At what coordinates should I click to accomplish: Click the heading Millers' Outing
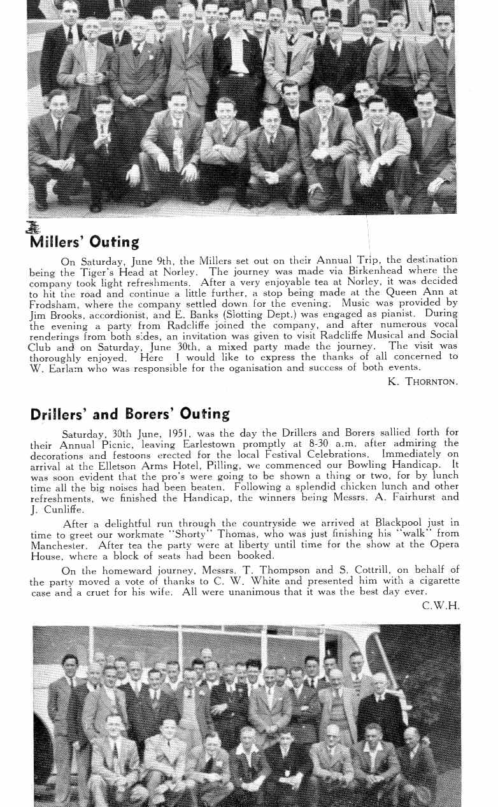[84, 242]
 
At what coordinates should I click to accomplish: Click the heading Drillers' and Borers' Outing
[130, 414]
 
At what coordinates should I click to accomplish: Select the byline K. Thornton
[422, 382]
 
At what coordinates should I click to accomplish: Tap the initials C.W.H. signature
[440, 607]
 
